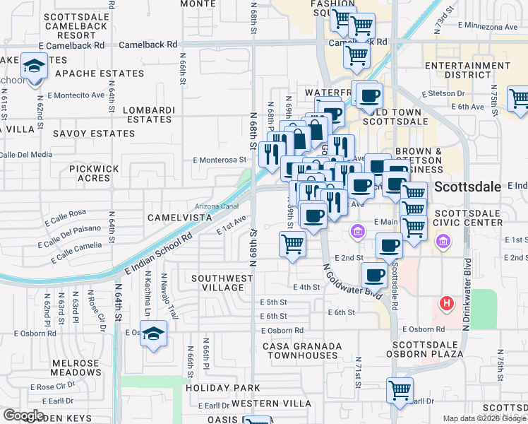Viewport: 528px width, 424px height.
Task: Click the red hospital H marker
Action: pos(446,303)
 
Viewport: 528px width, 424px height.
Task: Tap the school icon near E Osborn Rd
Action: pos(152,333)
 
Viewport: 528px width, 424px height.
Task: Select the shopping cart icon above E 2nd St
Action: pos(292,245)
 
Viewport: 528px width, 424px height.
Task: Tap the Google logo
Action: pos(23,416)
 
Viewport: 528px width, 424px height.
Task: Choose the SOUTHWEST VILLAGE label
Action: pos(222,283)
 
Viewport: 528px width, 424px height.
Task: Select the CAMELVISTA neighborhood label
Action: pos(179,218)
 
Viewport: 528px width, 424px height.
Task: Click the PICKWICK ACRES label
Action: pos(95,174)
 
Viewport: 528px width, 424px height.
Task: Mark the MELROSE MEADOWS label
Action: pos(76,367)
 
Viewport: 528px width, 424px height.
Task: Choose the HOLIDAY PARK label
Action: pos(223,388)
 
